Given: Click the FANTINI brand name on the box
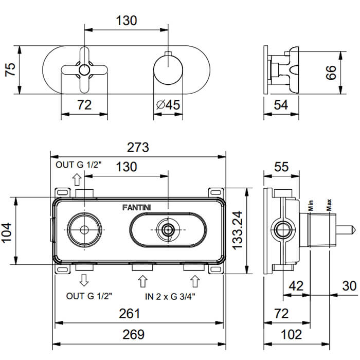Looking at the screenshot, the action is pos(137,208).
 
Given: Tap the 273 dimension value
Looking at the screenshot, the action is pos(138,148).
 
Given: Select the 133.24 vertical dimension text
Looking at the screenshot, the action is pos(238,230).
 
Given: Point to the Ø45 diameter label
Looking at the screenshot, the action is pos(168,105).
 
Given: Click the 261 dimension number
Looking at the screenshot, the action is pos(130,313).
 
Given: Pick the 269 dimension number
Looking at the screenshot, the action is pos(134,334).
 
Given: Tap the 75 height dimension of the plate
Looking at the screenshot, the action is pos(10,69).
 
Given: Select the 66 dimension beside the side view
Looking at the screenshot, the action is pos(331,73).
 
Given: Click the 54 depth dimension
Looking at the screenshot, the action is pos(281,105).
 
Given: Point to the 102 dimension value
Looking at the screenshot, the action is pos(292,334).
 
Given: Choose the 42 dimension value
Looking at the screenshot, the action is pos(296,286).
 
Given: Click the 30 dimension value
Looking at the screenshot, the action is pos(349,286).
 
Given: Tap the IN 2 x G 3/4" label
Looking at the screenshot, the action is pos(170,297).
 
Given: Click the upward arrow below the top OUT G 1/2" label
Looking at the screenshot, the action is pos(77,179).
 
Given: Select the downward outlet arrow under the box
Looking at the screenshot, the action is pos(84,280).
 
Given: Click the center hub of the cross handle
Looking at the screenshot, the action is pos(84,70).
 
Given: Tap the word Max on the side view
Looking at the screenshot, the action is pos(329,205).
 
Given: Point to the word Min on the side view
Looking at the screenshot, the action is pos(311,206).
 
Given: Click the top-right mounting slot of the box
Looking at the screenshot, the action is pos(216,192).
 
